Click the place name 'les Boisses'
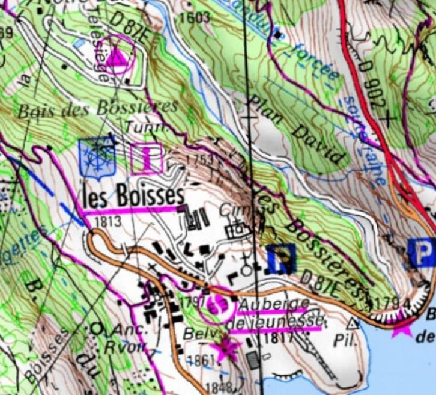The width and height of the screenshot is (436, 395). coord(133,196)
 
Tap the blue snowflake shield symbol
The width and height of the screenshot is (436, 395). coord(96,158)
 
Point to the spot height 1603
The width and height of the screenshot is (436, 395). coord(195,17)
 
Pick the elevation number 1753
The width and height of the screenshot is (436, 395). coord(200,161)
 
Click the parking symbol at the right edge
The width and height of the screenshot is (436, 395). coord(422,252)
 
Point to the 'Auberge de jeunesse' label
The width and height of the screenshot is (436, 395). coord(276,313)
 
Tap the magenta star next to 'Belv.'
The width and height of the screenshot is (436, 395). coord(227,348)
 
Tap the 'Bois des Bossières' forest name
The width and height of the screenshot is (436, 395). coord(98,109)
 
